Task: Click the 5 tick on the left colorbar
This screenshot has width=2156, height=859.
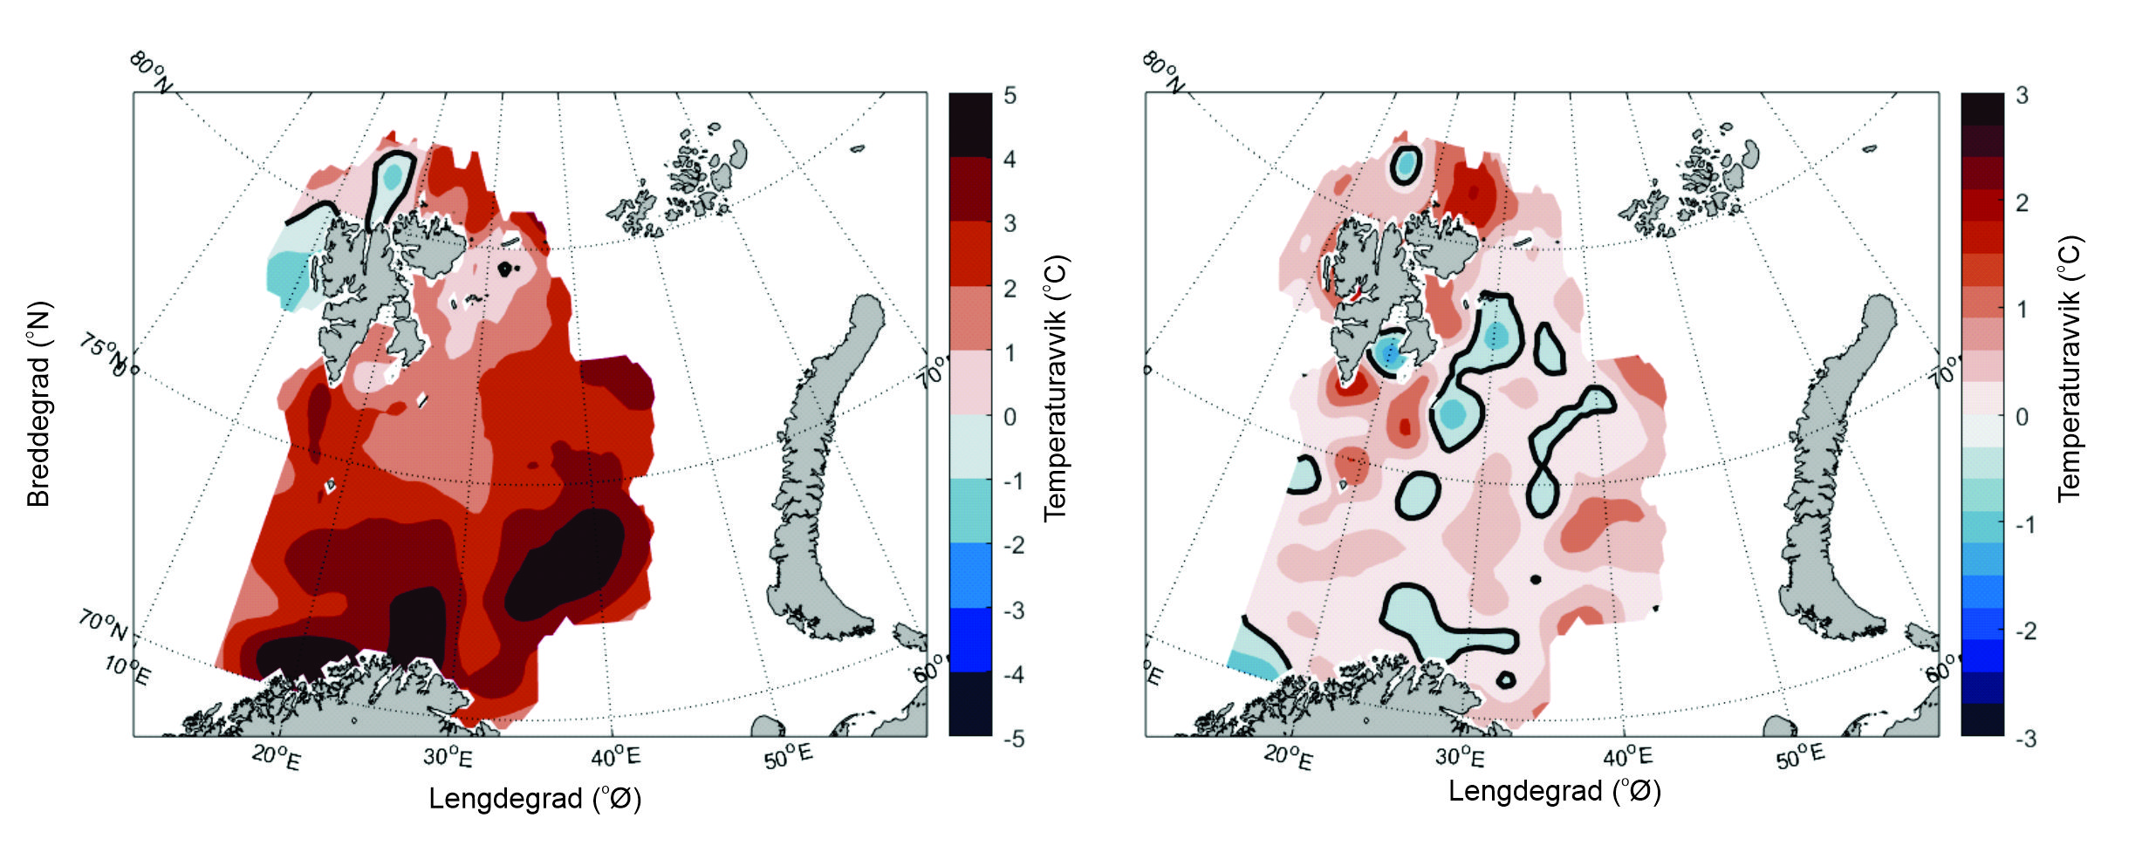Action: coord(1010,95)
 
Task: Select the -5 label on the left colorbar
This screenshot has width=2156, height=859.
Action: coord(1012,739)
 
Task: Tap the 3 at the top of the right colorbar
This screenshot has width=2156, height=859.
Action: coord(2022,95)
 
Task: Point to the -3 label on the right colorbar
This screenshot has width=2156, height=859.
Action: coord(2025,739)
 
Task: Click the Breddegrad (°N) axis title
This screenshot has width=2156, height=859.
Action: coord(38,404)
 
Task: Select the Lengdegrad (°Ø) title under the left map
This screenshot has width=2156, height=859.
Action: coord(534,798)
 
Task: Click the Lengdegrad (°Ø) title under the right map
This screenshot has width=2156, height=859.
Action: coord(1554,791)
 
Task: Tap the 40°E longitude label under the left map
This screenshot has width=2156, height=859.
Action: coord(615,755)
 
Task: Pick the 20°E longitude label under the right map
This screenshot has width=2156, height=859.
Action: coord(1287,757)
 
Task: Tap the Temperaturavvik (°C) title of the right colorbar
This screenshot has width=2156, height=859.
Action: coord(2069,369)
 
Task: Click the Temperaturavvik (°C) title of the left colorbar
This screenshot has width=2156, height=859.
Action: coord(1056,388)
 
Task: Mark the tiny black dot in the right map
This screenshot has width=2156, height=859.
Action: coord(1536,579)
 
